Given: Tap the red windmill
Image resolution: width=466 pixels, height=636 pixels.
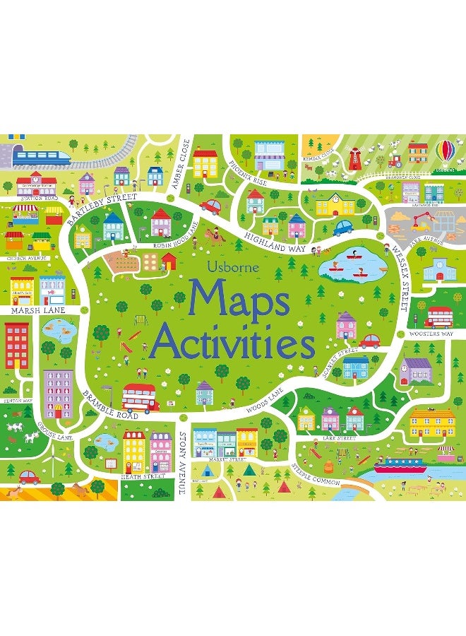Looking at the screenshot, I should click(x=356, y=158).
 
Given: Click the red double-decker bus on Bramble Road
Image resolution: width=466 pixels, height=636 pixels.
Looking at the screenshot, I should click(x=139, y=396).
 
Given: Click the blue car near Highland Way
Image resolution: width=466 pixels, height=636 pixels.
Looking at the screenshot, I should click(x=343, y=227).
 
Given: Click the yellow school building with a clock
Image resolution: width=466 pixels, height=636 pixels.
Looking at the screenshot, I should click(x=335, y=205).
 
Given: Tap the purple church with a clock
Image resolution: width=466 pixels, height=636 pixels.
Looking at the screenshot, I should click(x=416, y=368).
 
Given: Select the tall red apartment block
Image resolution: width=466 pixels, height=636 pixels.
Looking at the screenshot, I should click(x=16, y=346).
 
